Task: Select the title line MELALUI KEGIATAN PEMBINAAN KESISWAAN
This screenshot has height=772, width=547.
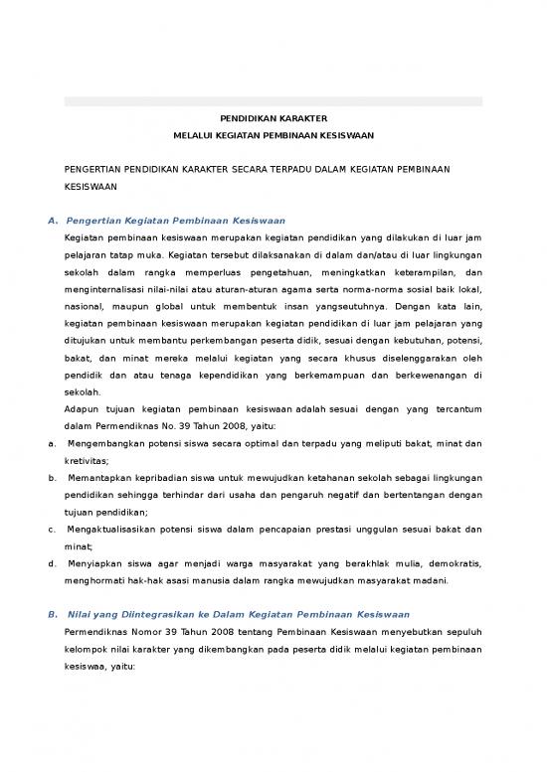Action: click(x=273, y=137)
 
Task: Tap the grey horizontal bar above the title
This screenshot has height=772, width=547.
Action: click(x=273, y=101)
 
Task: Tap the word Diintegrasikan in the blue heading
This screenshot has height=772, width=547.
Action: click(x=160, y=614)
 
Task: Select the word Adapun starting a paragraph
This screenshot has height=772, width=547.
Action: click(x=82, y=408)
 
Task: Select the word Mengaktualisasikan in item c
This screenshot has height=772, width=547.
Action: click(x=118, y=530)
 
